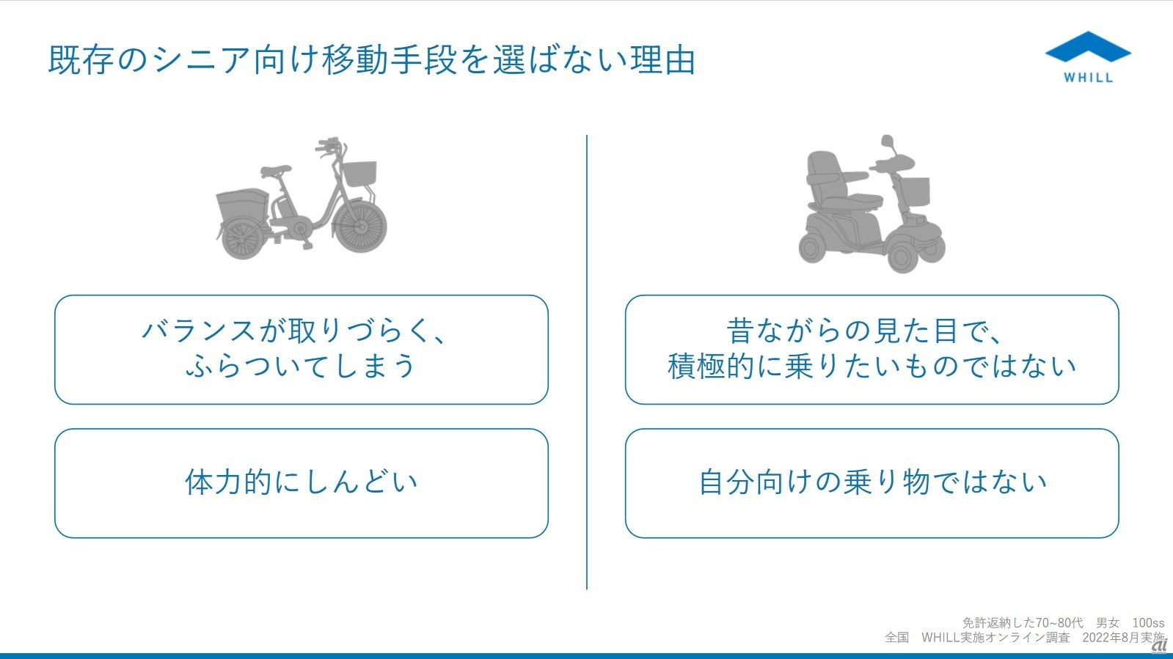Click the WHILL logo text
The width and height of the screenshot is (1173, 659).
(x=1088, y=78)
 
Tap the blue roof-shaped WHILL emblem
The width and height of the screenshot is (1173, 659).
(x=1088, y=47)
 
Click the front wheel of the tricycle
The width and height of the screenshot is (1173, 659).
(x=360, y=227)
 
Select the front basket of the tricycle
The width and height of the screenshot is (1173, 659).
(x=359, y=174)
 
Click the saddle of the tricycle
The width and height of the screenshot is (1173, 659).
(x=275, y=171)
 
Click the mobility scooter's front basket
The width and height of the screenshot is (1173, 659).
(x=915, y=191)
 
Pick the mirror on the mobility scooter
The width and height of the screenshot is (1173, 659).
(x=887, y=141)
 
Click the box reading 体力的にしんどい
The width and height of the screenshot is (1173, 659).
(x=301, y=483)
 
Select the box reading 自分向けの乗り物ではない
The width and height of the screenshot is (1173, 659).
(x=872, y=483)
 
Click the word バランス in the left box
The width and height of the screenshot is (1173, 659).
(x=199, y=331)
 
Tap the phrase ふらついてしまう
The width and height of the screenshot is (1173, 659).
(x=301, y=365)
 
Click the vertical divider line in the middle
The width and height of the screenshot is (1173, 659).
(x=587, y=362)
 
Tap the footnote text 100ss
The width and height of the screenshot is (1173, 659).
(x=1148, y=623)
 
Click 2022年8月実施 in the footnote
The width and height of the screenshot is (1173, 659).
(x=1123, y=638)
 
